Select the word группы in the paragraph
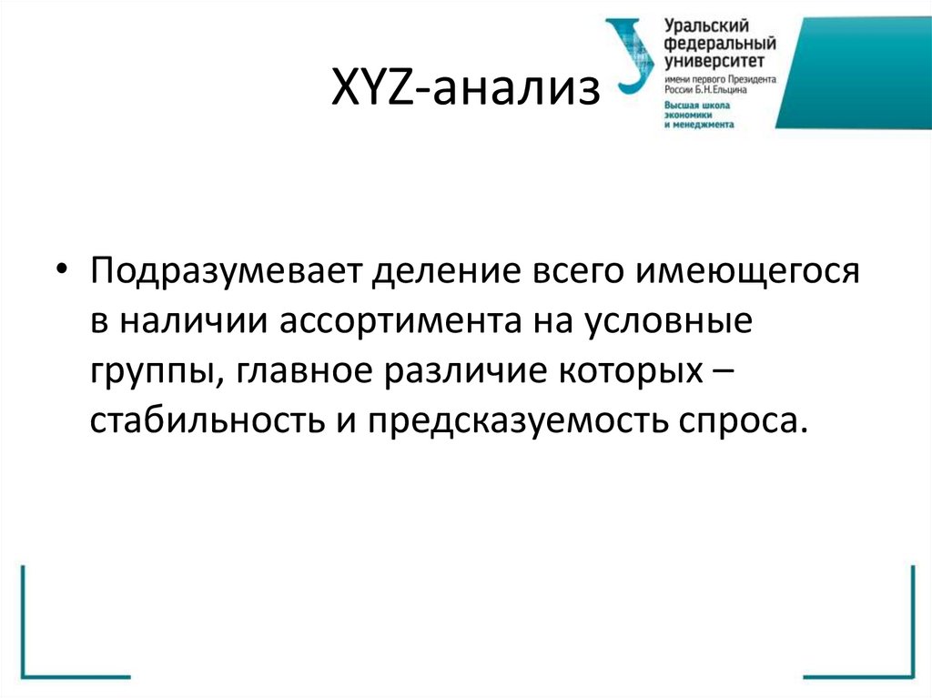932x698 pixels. click(x=149, y=373)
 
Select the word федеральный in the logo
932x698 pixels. click(x=719, y=45)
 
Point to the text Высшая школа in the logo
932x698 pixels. click(x=697, y=106)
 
